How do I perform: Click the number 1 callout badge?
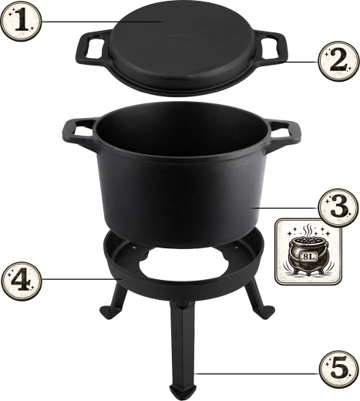click(21, 21)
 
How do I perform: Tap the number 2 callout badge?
click(338, 61)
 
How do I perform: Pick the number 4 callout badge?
click(21, 280)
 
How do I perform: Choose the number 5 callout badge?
click(338, 369)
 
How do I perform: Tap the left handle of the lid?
click(93, 47)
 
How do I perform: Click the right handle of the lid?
click(271, 46)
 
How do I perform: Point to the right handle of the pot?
click(283, 133)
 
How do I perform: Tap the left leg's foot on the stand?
click(109, 312)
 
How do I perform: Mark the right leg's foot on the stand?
click(266, 312)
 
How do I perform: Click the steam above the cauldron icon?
click(307, 230)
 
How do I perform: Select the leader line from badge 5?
click(257, 373)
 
